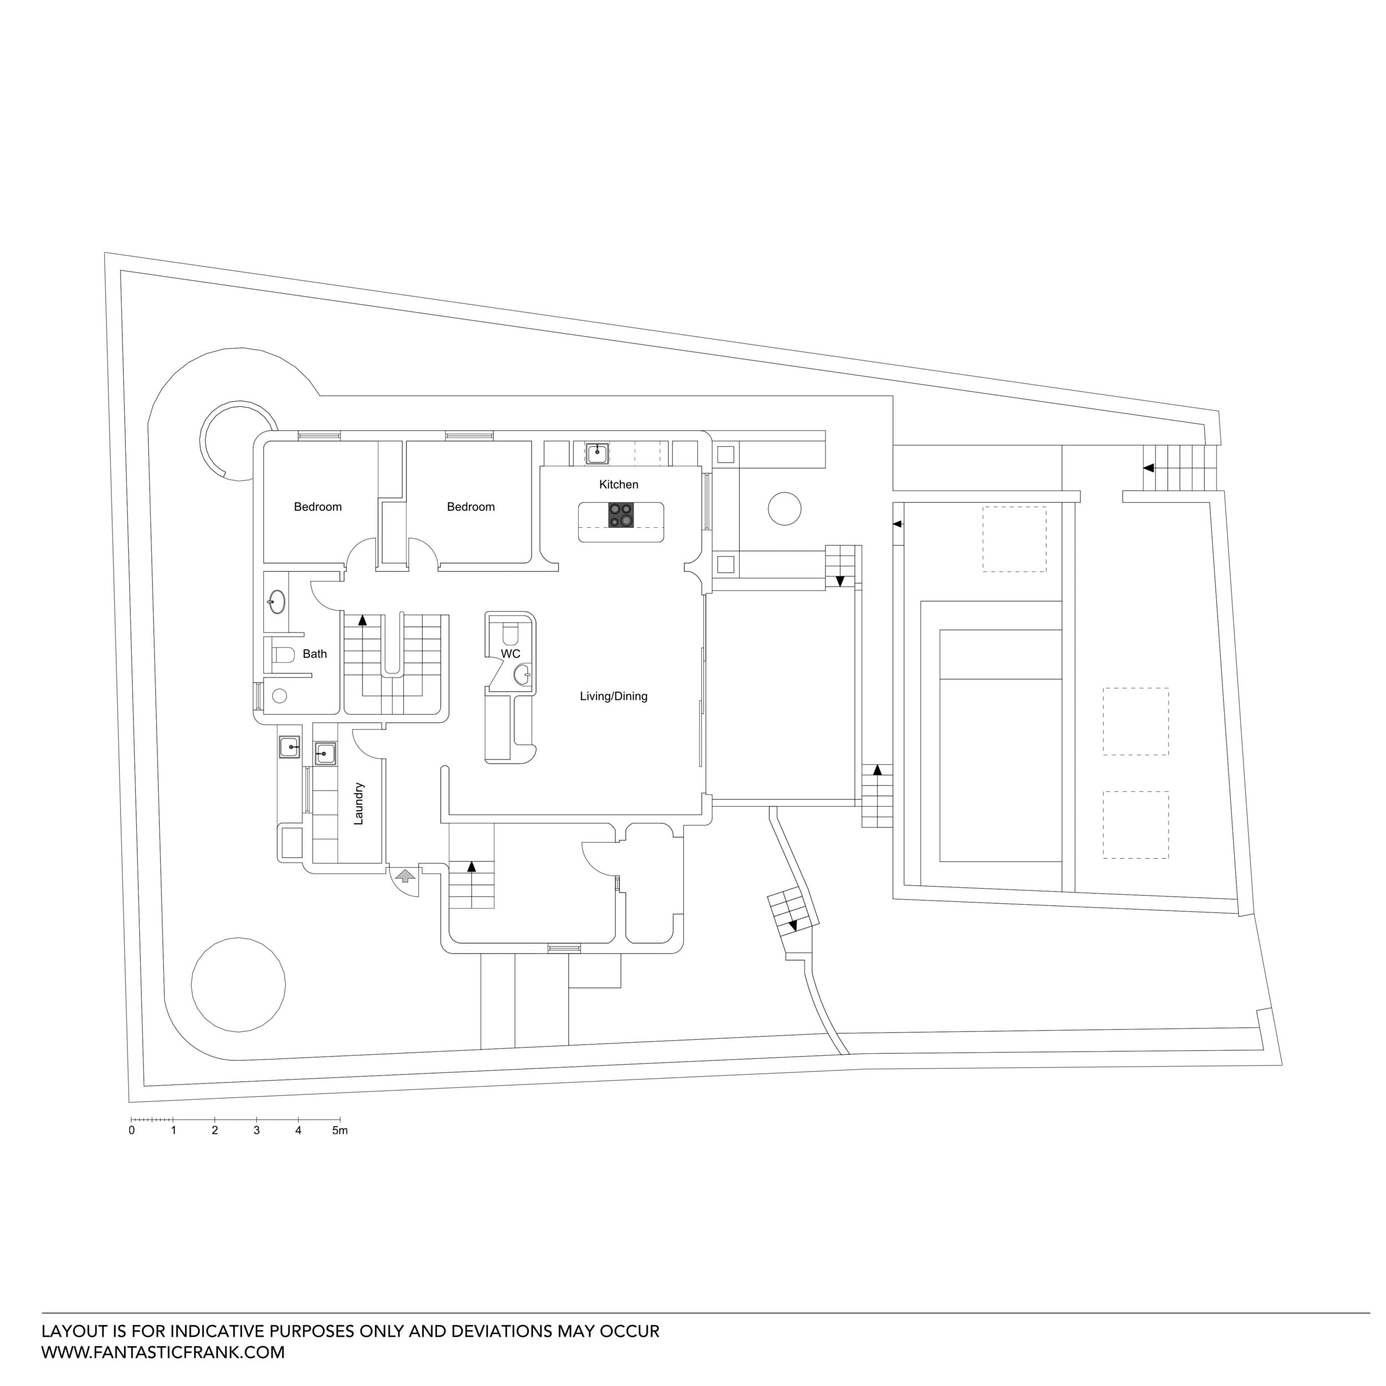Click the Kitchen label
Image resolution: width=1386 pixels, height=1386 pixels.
pyautogui.click(x=618, y=484)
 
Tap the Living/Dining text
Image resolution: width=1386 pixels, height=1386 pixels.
pyautogui.click(x=613, y=696)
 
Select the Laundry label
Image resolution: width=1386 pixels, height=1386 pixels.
pyautogui.click(x=359, y=803)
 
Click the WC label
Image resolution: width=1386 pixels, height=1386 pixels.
pyautogui.click(x=511, y=654)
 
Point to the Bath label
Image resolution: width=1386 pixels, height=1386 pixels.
pyautogui.click(x=314, y=654)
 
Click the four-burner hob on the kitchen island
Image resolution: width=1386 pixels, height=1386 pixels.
pyautogui.click(x=620, y=514)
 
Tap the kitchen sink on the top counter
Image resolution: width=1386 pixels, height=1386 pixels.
pyautogui.click(x=597, y=453)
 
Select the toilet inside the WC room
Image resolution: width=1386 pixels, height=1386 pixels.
pyautogui.click(x=510, y=634)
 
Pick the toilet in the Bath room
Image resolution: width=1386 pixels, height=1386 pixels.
pyautogui.click(x=284, y=654)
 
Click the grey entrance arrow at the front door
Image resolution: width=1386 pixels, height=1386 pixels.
pyautogui.click(x=405, y=875)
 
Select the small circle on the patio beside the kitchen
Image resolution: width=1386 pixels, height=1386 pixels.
pyautogui.click(x=784, y=508)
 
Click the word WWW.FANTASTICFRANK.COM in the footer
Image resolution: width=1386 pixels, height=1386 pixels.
pyautogui.click(x=163, y=1352)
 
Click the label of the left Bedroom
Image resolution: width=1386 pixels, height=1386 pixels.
pyautogui.click(x=318, y=507)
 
